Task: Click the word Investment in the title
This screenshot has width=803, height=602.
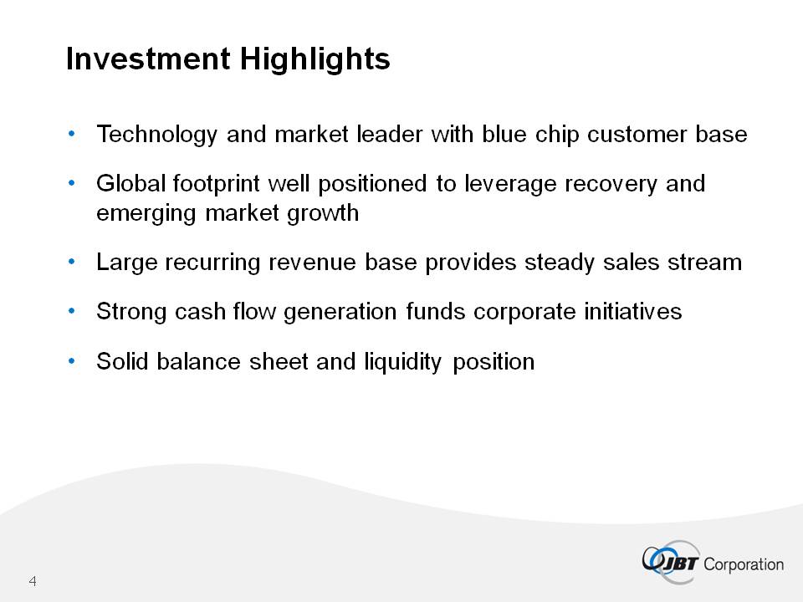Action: click(x=148, y=59)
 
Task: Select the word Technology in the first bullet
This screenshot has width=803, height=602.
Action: click(x=156, y=135)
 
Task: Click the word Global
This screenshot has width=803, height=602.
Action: click(x=130, y=183)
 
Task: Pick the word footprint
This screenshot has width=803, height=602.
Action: click(x=216, y=184)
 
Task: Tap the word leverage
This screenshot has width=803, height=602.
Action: click(x=510, y=184)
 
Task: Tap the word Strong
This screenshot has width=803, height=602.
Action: click(x=131, y=312)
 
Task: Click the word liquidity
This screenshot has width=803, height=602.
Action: click(x=402, y=362)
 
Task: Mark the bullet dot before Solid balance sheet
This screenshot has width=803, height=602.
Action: click(x=72, y=361)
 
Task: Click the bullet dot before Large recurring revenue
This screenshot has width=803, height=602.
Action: click(x=72, y=262)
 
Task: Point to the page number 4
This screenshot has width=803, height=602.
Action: click(x=33, y=581)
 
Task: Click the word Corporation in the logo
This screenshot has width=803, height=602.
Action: click(x=744, y=564)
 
